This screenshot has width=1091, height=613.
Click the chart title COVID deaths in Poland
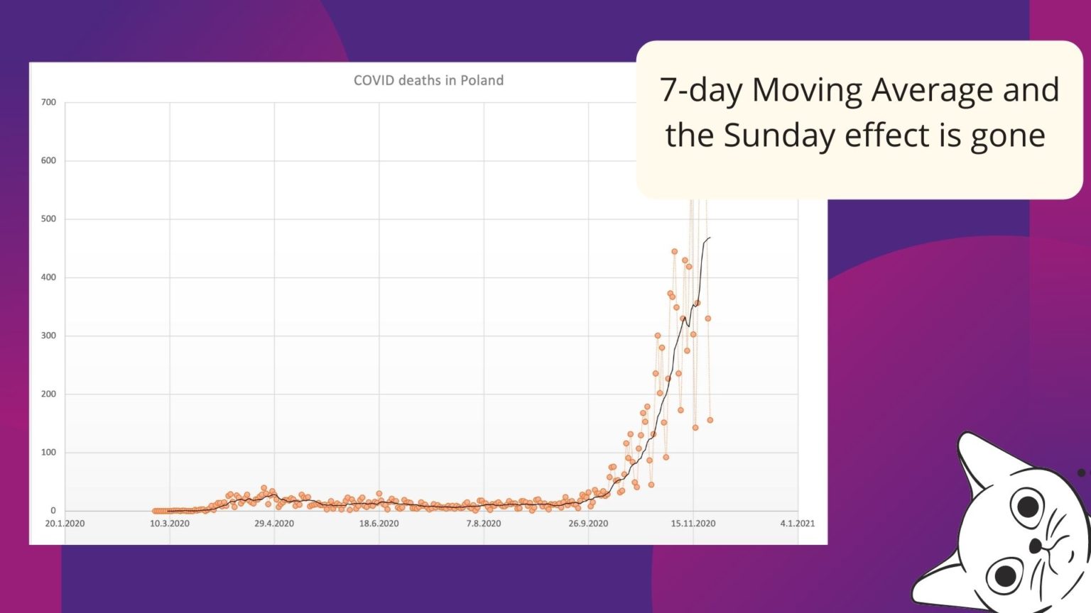click(x=428, y=81)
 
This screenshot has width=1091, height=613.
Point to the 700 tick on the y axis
click(x=48, y=102)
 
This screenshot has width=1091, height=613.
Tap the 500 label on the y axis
click(x=48, y=219)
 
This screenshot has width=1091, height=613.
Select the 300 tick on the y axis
click(x=48, y=336)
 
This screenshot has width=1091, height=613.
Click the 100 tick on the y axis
click(x=48, y=452)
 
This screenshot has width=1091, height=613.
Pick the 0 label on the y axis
click(x=53, y=510)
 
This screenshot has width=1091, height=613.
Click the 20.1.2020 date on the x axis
click(x=65, y=524)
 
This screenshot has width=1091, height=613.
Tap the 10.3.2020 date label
click(x=170, y=524)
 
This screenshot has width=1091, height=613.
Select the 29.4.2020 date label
click(x=274, y=524)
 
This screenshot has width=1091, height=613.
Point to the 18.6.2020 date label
click(x=379, y=524)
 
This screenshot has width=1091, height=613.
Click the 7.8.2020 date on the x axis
click(x=484, y=524)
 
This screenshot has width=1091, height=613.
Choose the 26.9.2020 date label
click(x=588, y=524)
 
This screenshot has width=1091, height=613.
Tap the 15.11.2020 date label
click(x=693, y=524)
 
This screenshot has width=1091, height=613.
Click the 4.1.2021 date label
click(x=798, y=524)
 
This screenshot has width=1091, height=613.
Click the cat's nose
click(x=1036, y=546)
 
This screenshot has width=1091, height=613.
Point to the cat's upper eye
click(x=1027, y=507)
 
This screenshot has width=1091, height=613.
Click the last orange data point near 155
click(x=710, y=420)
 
